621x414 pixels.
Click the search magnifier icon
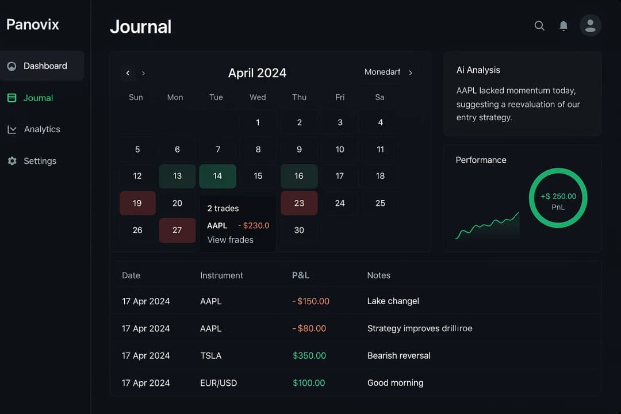coord(539,26)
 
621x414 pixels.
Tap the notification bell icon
coord(563,26)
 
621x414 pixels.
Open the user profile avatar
coord(591,25)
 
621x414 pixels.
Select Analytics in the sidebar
coord(41,129)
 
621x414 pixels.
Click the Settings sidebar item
coord(40,161)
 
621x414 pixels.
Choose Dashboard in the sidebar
coord(45,66)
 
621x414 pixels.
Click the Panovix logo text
coord(33,24)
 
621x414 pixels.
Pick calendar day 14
coord(217,176)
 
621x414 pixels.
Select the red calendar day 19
coord(137,203)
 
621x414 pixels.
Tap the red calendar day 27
coord(177,230)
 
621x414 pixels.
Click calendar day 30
coord(299,230)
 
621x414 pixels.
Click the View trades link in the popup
coord(230,240)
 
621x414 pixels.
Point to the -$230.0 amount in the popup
coord(254,225)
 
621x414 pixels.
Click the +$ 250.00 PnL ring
coord(558,198)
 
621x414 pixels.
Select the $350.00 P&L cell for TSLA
coord(309,355)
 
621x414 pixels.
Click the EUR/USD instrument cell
coord(218,383)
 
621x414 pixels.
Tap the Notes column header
coord(378,275)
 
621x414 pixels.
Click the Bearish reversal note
coord(398,355)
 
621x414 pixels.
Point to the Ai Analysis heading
coord(478,70)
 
